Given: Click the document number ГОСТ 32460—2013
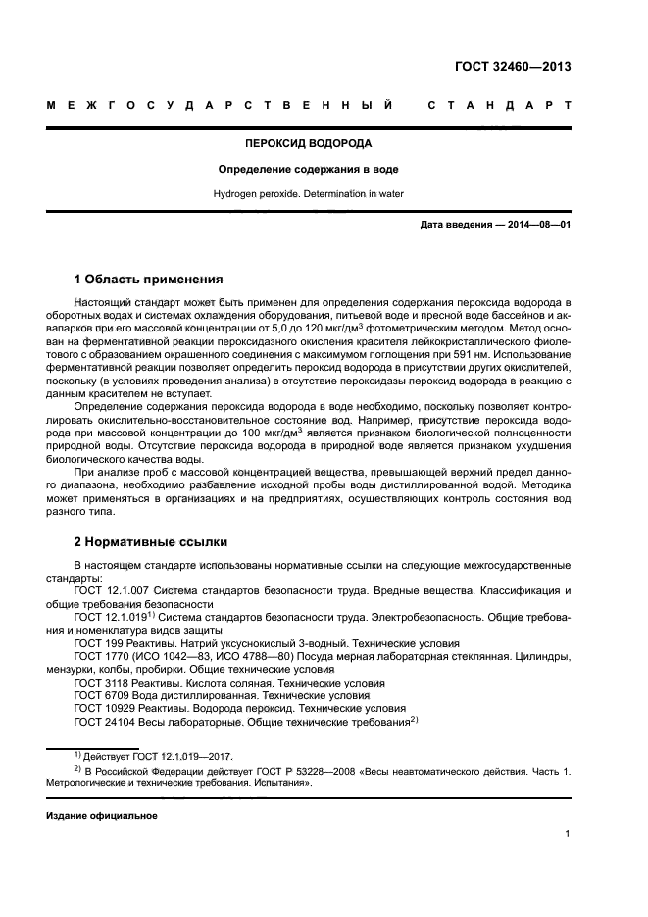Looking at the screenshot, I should [513, 67].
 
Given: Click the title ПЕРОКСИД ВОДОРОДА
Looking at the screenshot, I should [308, 143].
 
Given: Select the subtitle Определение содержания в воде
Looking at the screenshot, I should [308, 169].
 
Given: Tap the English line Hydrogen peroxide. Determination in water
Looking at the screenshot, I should [308, 194].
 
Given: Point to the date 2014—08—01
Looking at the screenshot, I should [536, 225].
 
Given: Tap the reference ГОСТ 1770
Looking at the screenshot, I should [103, 656].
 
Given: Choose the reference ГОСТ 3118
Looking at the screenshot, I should [103, 682].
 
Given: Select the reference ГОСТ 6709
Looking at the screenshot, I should [103, 694].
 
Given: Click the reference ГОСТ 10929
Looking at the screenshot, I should [106, 707].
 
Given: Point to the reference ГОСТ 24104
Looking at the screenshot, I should [106, 721].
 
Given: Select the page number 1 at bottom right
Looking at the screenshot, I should [569, 834].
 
